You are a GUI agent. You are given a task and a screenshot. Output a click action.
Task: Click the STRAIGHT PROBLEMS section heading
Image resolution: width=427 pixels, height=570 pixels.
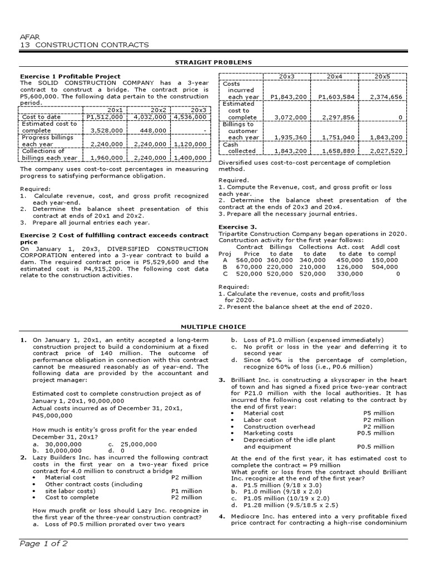pos(213,62)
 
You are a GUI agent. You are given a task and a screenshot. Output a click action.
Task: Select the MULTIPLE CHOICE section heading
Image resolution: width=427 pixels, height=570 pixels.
pos(213,327)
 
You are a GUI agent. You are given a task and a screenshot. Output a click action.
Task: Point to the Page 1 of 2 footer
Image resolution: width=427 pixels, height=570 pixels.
pos(44,544)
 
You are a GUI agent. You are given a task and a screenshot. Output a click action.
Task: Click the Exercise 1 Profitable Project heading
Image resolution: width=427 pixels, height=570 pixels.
pos(70,76)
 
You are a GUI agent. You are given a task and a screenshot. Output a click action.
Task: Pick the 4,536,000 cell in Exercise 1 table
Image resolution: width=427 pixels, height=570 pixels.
pos(191,117)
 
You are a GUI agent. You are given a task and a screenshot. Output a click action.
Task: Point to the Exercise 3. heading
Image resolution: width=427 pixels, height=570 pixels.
pos(237,227)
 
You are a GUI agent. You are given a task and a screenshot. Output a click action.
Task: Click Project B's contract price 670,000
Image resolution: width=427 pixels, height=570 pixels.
pos(249,267)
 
